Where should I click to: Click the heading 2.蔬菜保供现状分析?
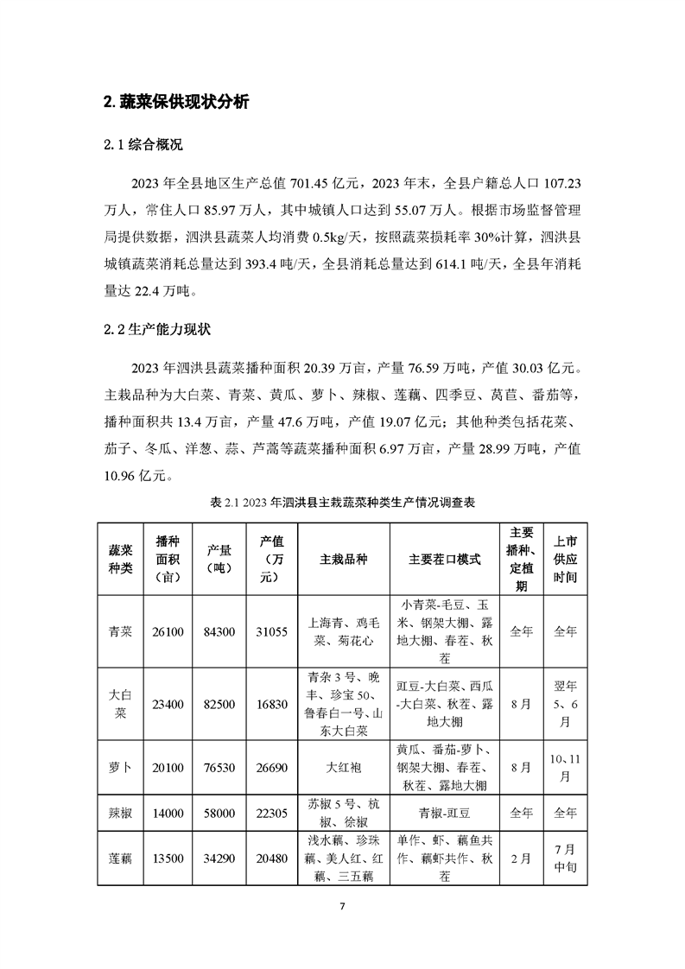[x=176, y=102]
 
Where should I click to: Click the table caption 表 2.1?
[x=342, y=502]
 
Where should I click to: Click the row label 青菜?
[x=121, y=631]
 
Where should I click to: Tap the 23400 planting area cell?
[x=168, y=705]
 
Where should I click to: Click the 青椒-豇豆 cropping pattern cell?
[x=444, y=813]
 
